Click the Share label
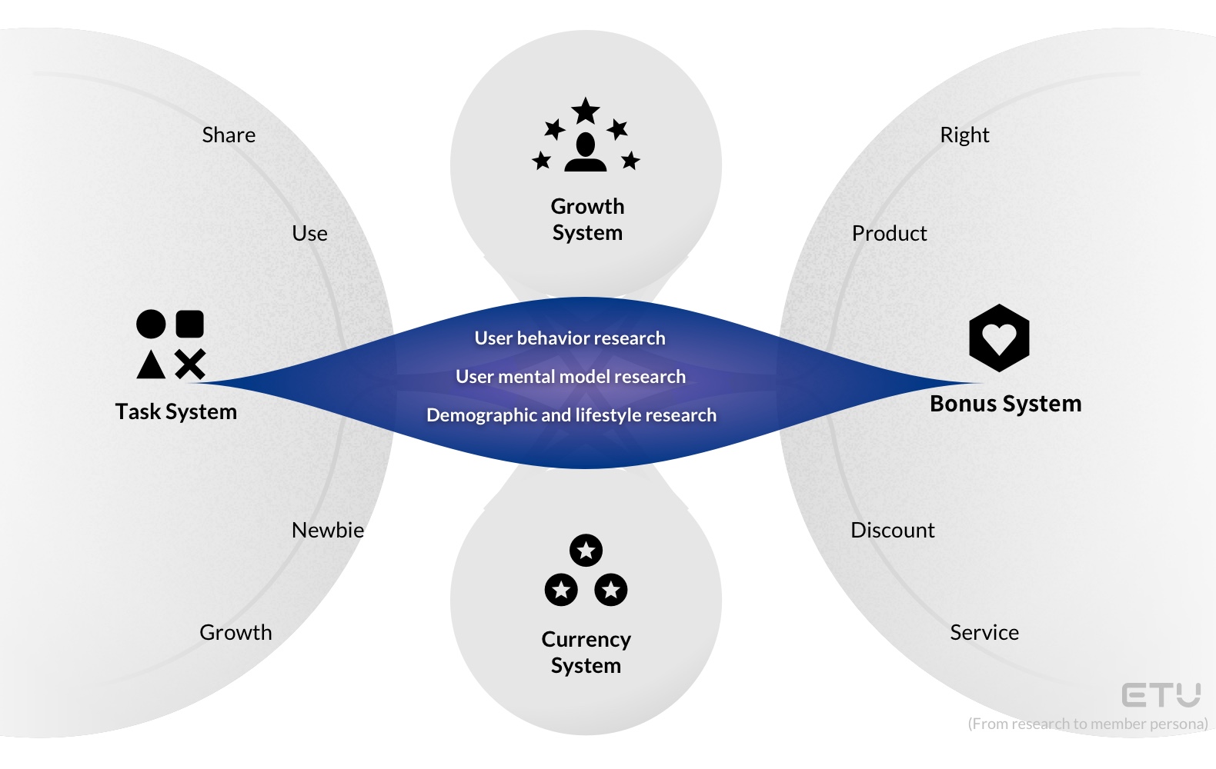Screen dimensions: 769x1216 229,135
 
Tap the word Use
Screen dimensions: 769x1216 309,234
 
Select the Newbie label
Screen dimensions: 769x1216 328,531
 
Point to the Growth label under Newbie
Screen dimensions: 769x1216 236,633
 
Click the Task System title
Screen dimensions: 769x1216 176,412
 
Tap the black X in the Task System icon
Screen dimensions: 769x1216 190,365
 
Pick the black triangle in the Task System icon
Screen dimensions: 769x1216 151,365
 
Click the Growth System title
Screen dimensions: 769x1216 587,220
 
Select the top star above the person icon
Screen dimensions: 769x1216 586,111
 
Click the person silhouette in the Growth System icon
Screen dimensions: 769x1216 586,152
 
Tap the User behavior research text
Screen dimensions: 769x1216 570,338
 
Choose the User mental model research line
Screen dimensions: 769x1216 570,377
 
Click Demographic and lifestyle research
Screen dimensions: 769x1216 571,415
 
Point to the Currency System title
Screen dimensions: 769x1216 586,652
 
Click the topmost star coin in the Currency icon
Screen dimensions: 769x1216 586,551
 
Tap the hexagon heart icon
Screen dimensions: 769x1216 999,338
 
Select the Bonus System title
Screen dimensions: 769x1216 1005,404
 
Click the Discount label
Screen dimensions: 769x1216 892,531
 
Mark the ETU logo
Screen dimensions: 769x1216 1161,695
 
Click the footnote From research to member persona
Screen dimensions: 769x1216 1087,724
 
